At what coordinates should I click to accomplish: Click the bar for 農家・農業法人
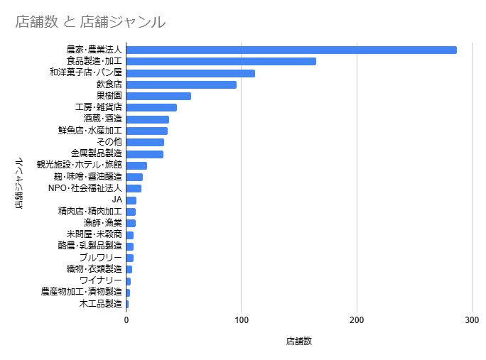pos(291,50)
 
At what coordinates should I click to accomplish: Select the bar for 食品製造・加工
pos(221,61)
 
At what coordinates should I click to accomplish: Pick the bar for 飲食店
pos(181,84)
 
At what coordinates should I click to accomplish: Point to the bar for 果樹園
pos(158,96)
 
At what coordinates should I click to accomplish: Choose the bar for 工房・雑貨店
pos(151,108)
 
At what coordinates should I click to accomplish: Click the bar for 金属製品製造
pos(145,154)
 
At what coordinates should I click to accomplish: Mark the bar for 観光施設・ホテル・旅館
pos(136,165)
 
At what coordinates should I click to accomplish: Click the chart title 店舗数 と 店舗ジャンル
pos(90,22)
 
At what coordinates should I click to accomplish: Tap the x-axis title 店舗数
pos(299,341)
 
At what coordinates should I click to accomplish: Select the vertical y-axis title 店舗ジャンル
pos(20,182)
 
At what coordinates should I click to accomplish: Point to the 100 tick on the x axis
pos(242,320)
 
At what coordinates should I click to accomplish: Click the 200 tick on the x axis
pos(357,320)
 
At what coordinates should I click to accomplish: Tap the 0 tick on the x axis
pos(126,320)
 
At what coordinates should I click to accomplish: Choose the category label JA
pos(117,200)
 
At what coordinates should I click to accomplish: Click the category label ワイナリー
pos(101,280)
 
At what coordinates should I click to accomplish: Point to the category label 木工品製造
pos(101,304)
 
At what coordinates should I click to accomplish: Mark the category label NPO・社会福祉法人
pos(85,188)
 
